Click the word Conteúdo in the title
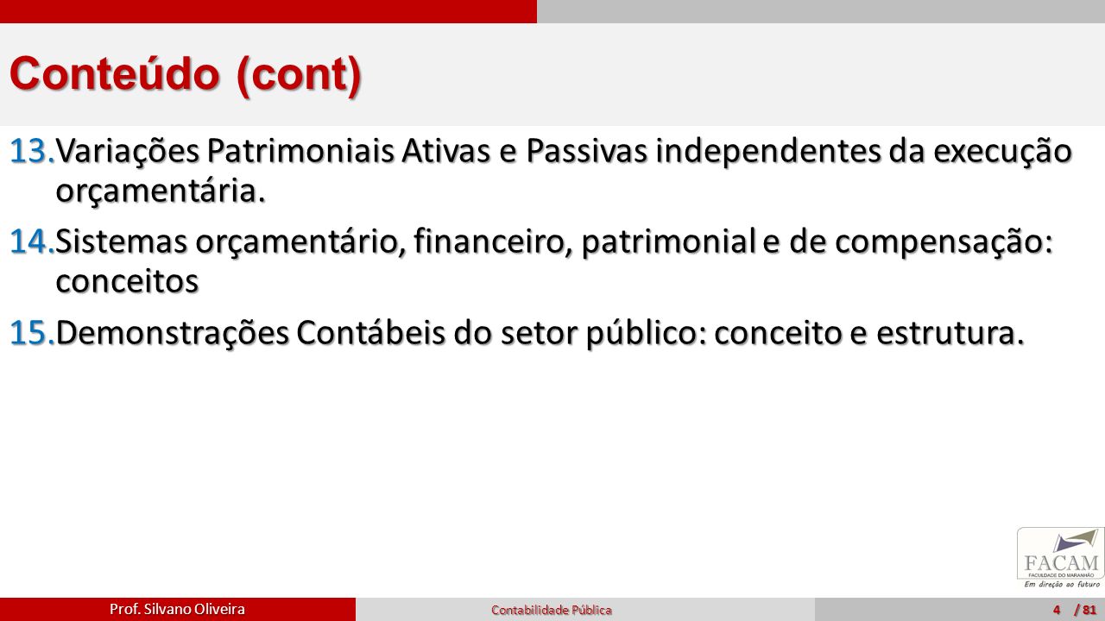pyautogui.click(x=115, y=74)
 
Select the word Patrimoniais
pyautogui.click(x=300, y=152)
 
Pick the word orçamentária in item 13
pyautogui.click(x=161, y=192)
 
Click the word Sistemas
pyautogui.click(x=122, y=242)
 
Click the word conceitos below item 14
pyautogui.click(x=127, y=282)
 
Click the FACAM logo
pyautogui.click(x=1061, y=558)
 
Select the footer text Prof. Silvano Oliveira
pyautogui.click(x=177, y=609)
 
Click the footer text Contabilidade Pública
pyautogui.click(x=552, y=610)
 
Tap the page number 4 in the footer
pyautogui.click(x=1056, y=610)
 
